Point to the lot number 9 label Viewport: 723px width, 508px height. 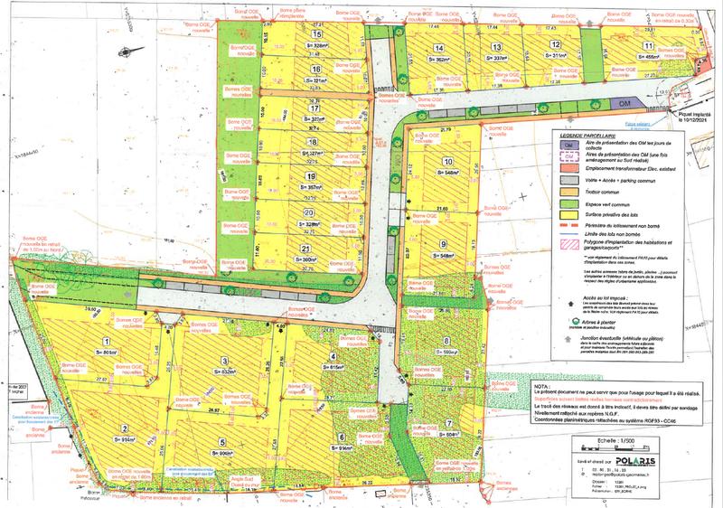(444, 243)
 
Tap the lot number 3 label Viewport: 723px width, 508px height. (226, 360)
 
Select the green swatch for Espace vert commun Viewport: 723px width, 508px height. (568, 203)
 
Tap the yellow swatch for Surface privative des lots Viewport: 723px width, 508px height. (568, 215)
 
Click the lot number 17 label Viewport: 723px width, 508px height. (315, 108)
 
